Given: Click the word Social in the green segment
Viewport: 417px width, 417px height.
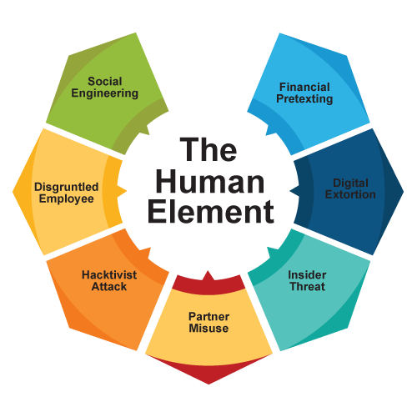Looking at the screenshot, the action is (x=105, y=82).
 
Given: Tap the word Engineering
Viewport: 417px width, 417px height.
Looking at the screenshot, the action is (x=105, y=93).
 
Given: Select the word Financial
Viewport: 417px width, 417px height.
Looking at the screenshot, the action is (x=304, y=87).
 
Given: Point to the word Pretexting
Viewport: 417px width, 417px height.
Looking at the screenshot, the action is (x=304, y=99).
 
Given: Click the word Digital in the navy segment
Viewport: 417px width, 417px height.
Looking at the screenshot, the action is (x=350, y=183).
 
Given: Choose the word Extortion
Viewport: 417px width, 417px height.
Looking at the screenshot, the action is (x=350, y=194).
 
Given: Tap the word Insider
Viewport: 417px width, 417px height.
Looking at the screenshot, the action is (x=307, y=275).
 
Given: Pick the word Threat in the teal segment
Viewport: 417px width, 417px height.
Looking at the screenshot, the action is (x=308, y=287).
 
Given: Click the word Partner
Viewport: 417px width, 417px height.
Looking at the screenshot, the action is (x=208, y=317).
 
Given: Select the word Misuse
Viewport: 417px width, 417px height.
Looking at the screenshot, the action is (x=208, y=329).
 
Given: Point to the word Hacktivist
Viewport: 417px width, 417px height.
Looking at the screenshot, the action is (x=109, y=275).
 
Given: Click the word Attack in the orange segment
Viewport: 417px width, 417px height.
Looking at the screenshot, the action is (x=109, y=287).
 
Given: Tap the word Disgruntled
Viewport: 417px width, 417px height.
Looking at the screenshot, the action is (x=67, y=188).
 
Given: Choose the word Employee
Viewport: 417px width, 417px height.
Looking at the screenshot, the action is (x=67, y=199).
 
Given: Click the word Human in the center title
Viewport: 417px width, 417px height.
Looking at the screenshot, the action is (x=210, y=182).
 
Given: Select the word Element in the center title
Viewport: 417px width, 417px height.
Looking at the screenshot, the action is (x=211, y=212).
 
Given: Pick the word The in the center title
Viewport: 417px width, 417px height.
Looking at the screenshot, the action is (x=208, y=149).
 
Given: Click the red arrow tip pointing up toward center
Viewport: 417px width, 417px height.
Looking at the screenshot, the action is (x=208, y=271).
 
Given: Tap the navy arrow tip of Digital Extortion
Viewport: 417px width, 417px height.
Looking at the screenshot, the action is (x=290, y=191).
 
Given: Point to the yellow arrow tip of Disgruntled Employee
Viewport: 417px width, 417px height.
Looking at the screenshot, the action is (x=127, y=191).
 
